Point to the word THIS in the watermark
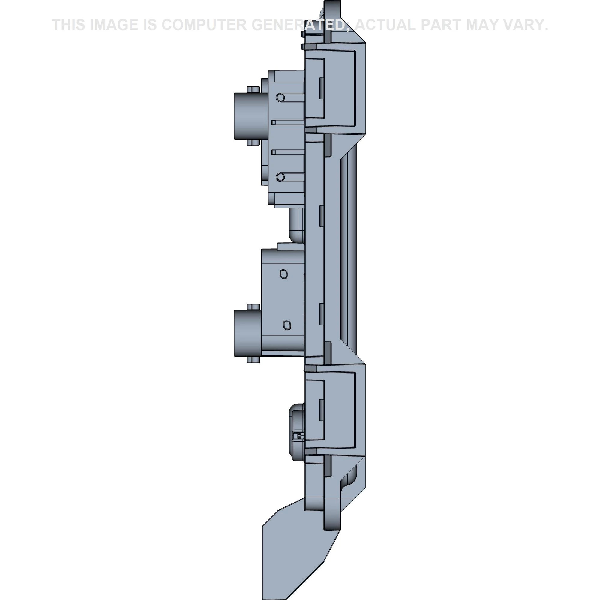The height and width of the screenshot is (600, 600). pyautogui.click(x=68, y=25)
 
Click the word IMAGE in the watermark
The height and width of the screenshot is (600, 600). pyautogui.click(x=114, y=25)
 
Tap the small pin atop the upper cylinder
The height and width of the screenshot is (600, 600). pyautogui.click(x=253, y=89)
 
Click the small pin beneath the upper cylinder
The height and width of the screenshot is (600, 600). pyautogui.click(x=253, y=142)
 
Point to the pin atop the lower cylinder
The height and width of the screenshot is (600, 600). pyautogui.click(x=253, y=307)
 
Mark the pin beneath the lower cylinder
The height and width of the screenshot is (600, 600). pyautogui.click(x=253, y=360)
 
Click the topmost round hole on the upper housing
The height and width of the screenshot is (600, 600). pyautogui.click(x=280, y=97)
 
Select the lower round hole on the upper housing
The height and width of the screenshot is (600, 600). pyautogui.click(x=280, y=177)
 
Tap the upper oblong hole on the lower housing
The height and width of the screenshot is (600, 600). pyautogui.click(x=283, y=274)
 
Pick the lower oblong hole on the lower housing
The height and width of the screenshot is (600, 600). pyautogui.click(x=287, y=325)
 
